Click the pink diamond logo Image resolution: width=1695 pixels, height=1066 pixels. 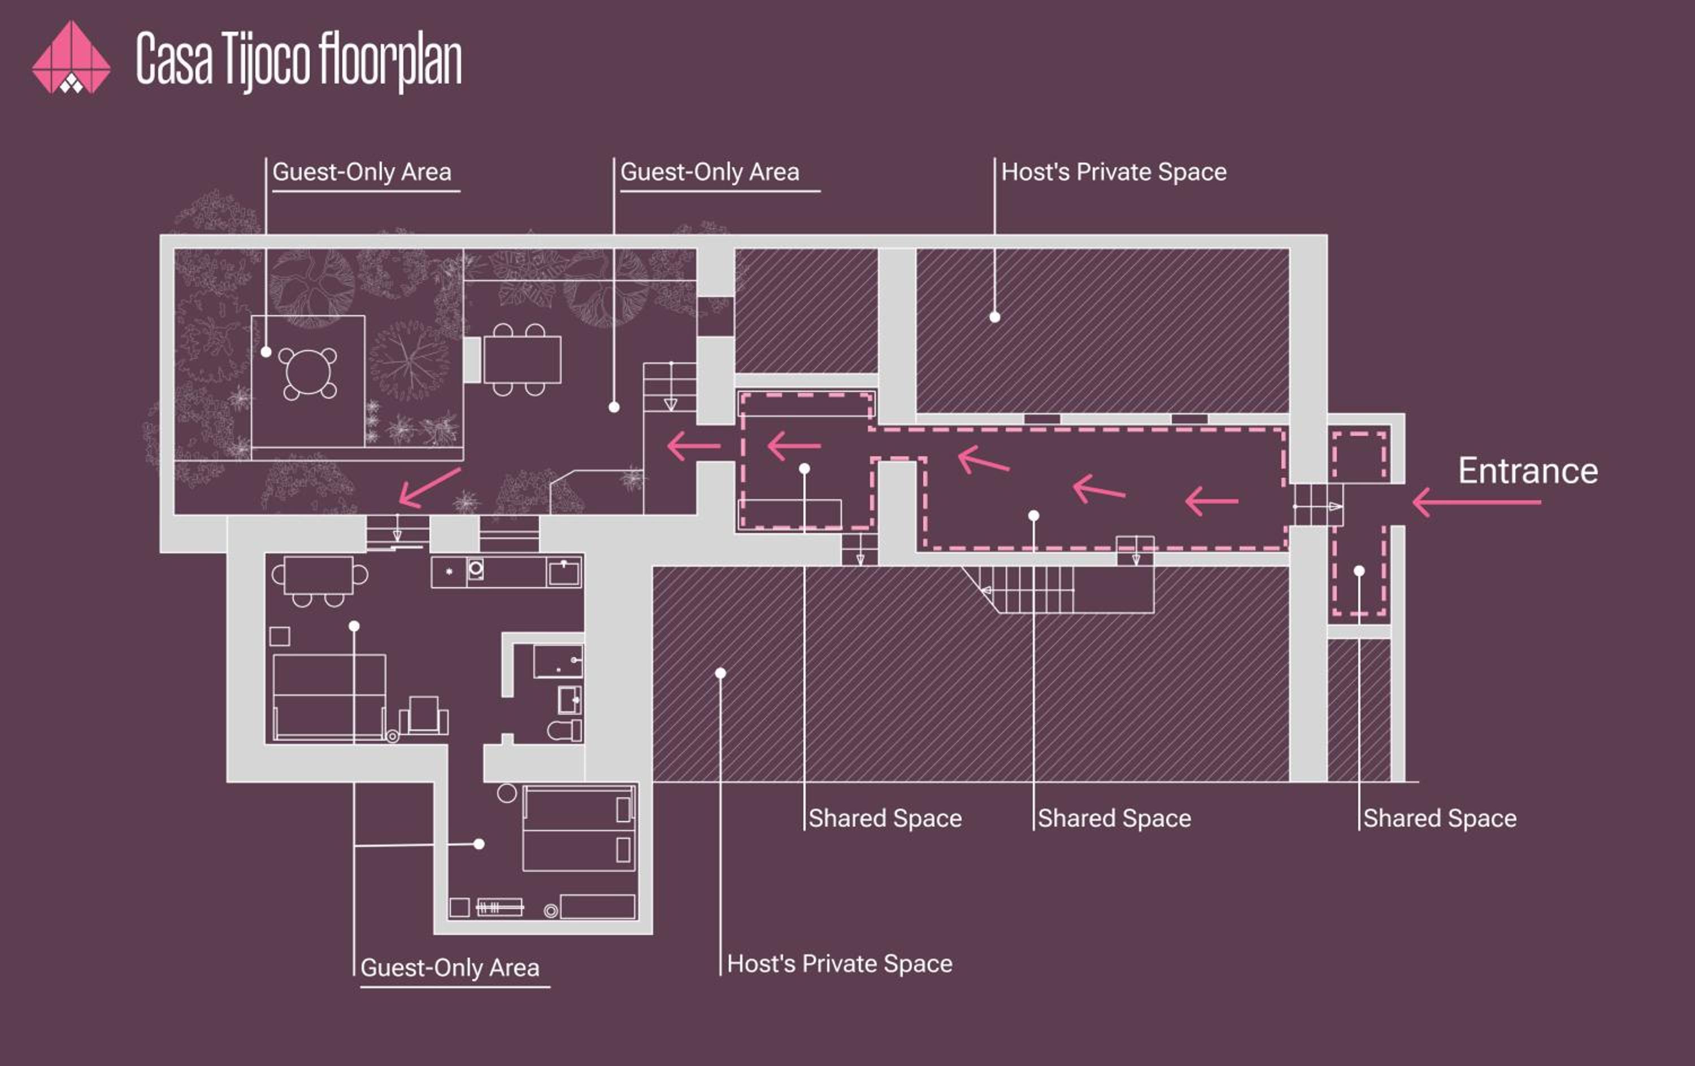coord(71,57)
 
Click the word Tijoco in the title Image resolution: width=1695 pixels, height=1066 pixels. coord(266,60)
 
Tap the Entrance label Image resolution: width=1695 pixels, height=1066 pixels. coord(1527,471)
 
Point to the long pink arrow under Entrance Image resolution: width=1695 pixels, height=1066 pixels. coord(1476,502)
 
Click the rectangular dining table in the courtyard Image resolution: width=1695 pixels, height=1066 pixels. coord(521,360)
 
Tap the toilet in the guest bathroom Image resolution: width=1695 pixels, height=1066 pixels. coord(564,731)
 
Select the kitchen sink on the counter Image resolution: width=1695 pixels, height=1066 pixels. coord(564,572)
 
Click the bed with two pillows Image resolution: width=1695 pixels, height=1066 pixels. coord(579,829)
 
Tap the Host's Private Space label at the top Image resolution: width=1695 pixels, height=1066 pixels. coord(1114,172)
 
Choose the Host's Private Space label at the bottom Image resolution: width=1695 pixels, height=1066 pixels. coord(840,963)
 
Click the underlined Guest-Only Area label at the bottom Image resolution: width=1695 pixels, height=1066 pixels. coord(450,968)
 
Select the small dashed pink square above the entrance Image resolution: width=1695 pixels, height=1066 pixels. coord(1359,457)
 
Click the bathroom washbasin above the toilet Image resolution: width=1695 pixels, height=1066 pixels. coord(569,700)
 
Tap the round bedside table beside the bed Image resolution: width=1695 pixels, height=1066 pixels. coord(507,793)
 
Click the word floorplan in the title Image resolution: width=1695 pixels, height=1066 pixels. coord(390,60)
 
